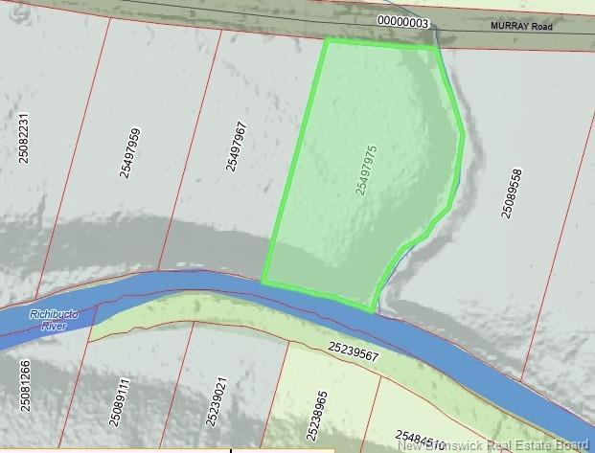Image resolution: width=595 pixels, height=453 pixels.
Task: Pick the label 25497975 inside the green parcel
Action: tap(365, 170)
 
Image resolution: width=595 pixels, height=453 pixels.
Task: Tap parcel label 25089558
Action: tap(511, 193)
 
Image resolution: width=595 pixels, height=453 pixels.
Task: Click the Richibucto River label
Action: tap(52, 319)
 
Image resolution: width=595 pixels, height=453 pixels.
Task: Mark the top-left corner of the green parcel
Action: tap(327, 40)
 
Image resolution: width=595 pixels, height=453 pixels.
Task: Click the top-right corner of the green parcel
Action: tap(436, 46)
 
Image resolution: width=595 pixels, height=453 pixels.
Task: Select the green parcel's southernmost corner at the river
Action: tap(372, 311)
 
